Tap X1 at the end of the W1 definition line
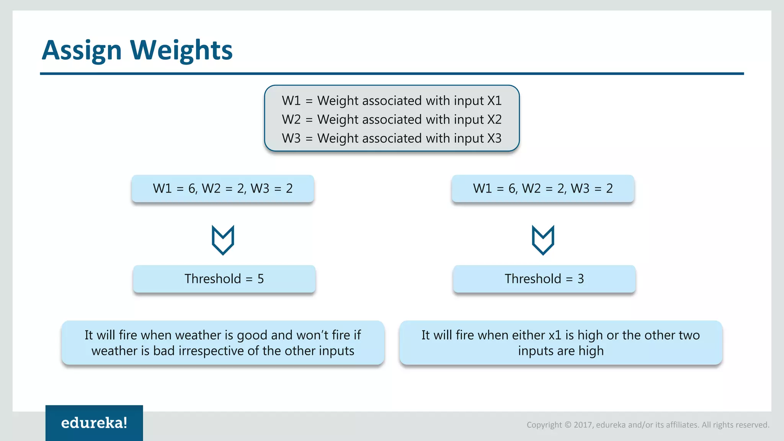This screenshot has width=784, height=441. pos(494,101)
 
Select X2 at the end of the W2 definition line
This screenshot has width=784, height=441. pos(494,119)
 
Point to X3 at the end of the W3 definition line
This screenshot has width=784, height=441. pos(494,138)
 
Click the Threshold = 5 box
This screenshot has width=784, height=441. pos(224,279)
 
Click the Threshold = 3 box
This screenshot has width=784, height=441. pos(544,279)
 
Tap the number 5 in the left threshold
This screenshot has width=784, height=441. pos(261,279)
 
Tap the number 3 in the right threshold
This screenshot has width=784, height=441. pos(581,279)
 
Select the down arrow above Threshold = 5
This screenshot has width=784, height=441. pos(223,240)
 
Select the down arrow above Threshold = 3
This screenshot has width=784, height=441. pos(543,240)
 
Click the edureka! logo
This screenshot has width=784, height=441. pos(94,423)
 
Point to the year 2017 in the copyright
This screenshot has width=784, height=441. pos(583,425)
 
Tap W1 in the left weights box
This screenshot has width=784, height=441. pos(162,189)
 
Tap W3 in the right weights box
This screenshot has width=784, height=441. pos(580,189)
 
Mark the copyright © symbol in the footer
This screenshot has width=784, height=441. pos(568,425)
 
